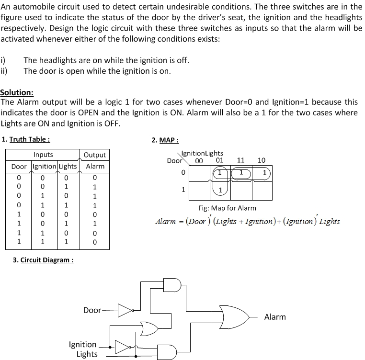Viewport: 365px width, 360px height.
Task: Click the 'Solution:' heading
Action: tap(17, 92)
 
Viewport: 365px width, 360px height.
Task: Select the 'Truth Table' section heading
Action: tap(29, 139)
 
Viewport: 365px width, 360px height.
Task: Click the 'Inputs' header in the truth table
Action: tap(43, 155)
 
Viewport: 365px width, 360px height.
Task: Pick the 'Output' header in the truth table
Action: tap(94, 155)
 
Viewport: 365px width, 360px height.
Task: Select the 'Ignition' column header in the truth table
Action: tap(45, 166)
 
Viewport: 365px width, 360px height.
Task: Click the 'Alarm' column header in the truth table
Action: tap(95, 166)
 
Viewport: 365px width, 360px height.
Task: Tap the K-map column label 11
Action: tap(241, 160)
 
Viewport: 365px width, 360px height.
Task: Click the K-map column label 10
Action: tap(262, 160)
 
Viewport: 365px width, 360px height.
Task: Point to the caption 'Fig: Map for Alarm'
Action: tap(227, 208)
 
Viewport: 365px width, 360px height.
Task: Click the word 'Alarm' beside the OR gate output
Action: tap(275, 317)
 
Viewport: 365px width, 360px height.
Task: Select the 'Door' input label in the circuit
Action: tap(92, 310)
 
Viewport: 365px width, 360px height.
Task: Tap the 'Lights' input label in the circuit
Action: tap(87, 354)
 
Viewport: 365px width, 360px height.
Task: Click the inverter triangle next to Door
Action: tap(125, 311)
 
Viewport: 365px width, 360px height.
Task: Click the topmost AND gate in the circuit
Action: tap(173, 284)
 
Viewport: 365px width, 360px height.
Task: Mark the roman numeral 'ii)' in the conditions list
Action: tap(5, 71)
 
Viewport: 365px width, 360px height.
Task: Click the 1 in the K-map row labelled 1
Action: tap(220, 190)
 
